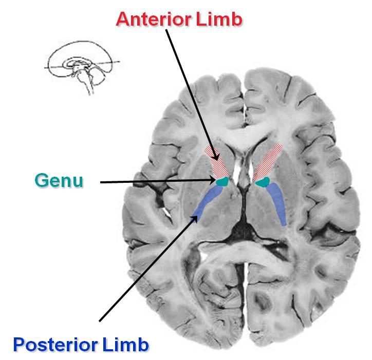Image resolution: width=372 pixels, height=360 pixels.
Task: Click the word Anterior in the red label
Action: click(154, 19)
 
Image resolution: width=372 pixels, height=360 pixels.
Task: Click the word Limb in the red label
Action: click(219, 19)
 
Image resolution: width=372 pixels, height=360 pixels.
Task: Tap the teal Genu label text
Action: click(59, 181)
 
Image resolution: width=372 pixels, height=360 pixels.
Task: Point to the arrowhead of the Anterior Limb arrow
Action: click(217, 157)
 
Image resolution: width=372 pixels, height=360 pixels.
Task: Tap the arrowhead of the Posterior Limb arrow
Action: click(195, 219)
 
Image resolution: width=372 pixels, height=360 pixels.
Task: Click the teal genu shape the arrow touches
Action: click(222, 181)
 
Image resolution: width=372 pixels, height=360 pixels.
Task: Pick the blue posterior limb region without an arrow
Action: click(277, 203)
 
